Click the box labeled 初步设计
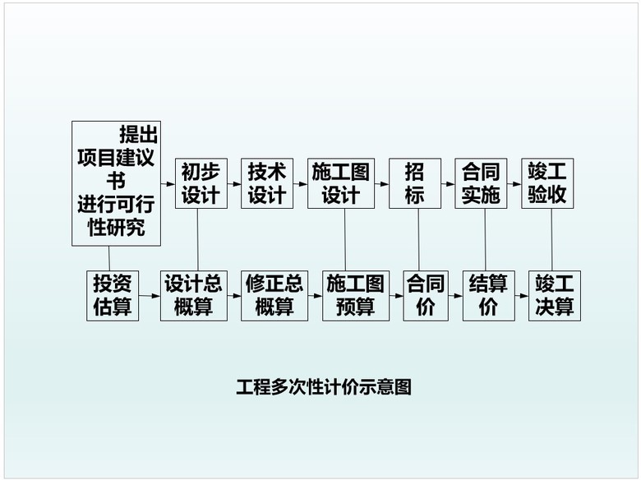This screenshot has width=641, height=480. (200, 183)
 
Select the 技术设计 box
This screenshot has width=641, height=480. (267, 183)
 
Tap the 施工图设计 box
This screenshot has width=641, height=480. (340, 183)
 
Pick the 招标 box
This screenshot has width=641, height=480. (414, 183)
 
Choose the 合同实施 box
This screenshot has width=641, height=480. (481, 183)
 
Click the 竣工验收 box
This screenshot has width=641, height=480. (547, 183)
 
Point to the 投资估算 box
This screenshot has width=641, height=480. (113, 295)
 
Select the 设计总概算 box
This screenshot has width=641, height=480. (193, 295)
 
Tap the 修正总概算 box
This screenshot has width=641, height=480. (274, 295)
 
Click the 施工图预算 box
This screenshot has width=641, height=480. (356, 295)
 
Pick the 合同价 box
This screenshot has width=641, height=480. (426, 295)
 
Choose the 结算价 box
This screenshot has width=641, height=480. (488, 295)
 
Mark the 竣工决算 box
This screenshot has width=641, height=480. (555, 295)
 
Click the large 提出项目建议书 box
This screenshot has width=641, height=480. (116, 182)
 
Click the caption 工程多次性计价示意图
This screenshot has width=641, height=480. (323, 386)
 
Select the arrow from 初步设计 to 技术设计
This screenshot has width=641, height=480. (233, 183)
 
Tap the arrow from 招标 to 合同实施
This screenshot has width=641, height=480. (448, 183)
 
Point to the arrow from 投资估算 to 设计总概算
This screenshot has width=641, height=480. (150, 296)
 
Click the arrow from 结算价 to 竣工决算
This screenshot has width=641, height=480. (521, 296)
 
